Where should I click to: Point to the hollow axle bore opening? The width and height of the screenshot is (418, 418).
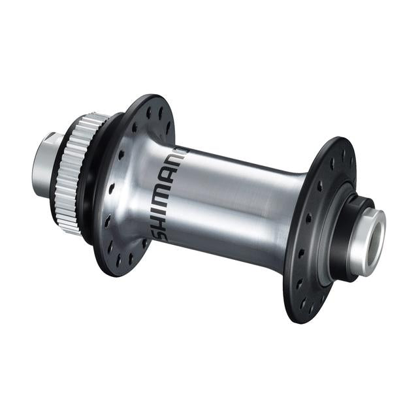pos(377,231)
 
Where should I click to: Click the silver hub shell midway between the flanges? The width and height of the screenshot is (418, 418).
pos(229,202)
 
